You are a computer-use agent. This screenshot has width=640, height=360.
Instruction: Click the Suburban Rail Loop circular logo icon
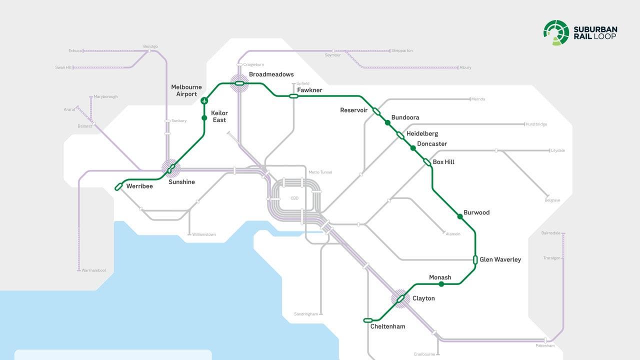pos(556,32)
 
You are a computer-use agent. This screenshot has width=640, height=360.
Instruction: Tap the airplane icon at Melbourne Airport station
pos(204,101)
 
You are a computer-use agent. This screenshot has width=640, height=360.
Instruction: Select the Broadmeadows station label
pos(271,74)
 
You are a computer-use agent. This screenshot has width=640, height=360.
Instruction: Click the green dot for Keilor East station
pos(204,118)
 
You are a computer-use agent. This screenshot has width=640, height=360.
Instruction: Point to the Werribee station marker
pos(118,186)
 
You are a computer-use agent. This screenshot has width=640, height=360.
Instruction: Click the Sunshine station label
pos(181,182)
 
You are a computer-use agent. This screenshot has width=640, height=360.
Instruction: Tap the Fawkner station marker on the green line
pos(293,96)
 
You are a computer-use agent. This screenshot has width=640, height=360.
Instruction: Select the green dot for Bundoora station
pos(387,122)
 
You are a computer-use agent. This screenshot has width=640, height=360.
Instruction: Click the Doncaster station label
pos(432,144)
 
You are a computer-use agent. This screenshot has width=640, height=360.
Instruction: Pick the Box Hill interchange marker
pos(427,162)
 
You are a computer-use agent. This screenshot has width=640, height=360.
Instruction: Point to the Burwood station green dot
pos(460,216)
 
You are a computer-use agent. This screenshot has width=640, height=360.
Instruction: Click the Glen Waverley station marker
pos(475,259)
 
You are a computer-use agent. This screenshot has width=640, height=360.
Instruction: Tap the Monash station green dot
pos(441,284)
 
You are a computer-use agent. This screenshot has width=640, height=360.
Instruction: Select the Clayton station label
pos(423,298)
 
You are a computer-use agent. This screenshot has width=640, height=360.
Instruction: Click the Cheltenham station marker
pos(368,320)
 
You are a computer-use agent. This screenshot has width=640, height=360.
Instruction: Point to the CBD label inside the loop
pos(294,198)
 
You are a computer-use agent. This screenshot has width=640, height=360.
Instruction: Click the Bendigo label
pos(150,46)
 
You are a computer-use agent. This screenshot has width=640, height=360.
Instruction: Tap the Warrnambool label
pos(94,270)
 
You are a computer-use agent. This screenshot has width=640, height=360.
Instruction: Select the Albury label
pos(465,67)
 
